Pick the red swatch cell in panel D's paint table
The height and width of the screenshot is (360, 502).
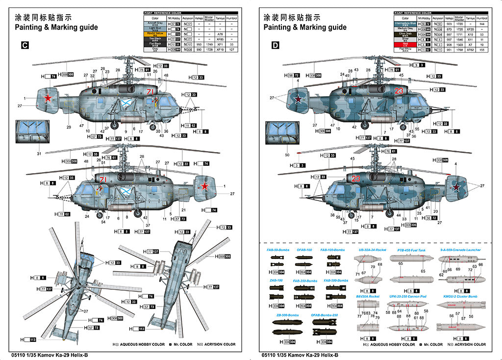coord(405,44)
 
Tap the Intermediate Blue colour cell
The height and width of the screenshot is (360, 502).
coord(405,24)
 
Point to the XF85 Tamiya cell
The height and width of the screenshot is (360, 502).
coord(220,39)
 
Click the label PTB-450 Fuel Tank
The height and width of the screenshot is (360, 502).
coord(407,250)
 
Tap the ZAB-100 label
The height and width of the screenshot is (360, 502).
coord(276,281)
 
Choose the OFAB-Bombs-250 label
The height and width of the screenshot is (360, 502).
coord(325,315)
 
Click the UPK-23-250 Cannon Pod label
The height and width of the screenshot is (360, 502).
coord(407,297)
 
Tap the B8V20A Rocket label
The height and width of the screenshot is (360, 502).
coord(368,297)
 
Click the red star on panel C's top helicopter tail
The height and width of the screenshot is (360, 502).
coord(48,99)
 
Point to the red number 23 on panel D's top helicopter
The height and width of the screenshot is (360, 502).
coord(399,90)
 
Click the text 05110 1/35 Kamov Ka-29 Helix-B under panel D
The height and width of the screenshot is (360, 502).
coord(300,355)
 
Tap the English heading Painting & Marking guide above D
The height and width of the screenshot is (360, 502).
coord(305,27)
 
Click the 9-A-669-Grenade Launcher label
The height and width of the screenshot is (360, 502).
coord(460,250)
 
